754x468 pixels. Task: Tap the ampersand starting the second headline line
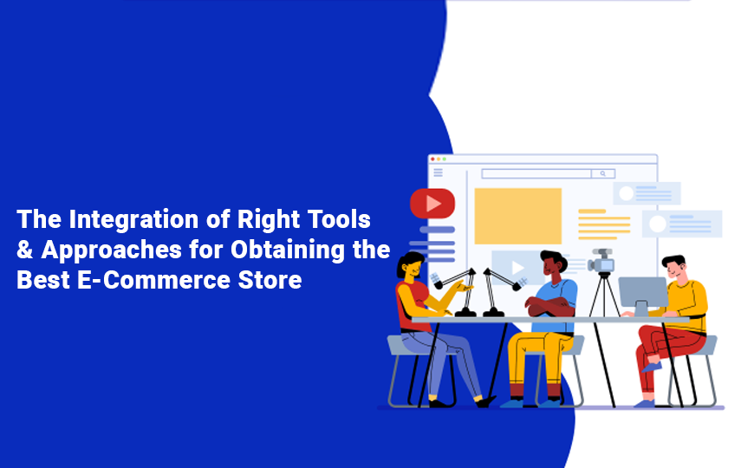click(x=24, y=250)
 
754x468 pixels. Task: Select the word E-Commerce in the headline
click(x=153, y=280)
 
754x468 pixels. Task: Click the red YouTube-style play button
click(x=432, y=203)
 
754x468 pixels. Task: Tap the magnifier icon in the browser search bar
click(x=602, y=173)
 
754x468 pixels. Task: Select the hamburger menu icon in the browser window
click(x=438, y=172)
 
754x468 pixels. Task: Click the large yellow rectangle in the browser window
click(x=518, y=216)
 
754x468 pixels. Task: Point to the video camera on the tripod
click(x=601, y=261)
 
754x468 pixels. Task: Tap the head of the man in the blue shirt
click(x=553, y=264)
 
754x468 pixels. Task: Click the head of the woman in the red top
click(x=410, y=266)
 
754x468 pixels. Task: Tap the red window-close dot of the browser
click(x=432, y=159)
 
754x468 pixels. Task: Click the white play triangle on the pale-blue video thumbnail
click(x=517, y=268)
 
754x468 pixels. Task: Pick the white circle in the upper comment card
click(x=626, y=193)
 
